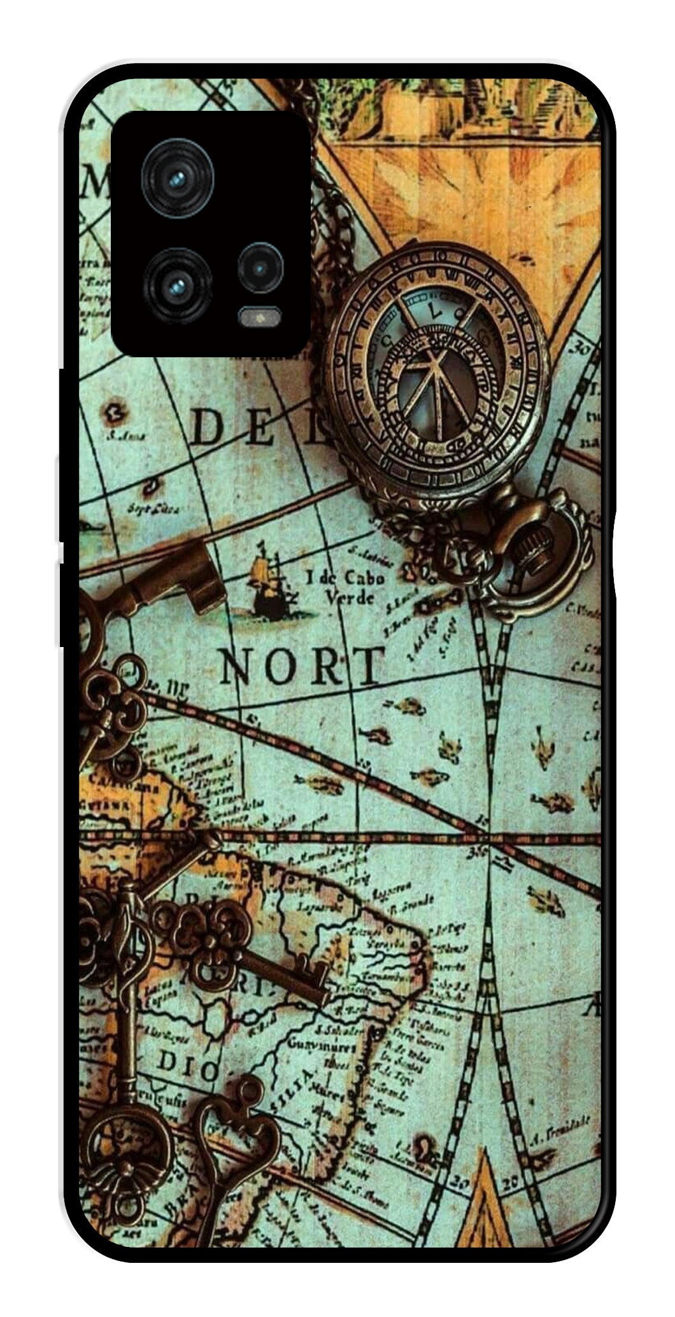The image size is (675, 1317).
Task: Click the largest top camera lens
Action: pos(178,178)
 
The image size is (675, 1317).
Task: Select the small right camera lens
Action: pos(260,268)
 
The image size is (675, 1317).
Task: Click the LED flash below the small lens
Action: pos(260,315)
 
